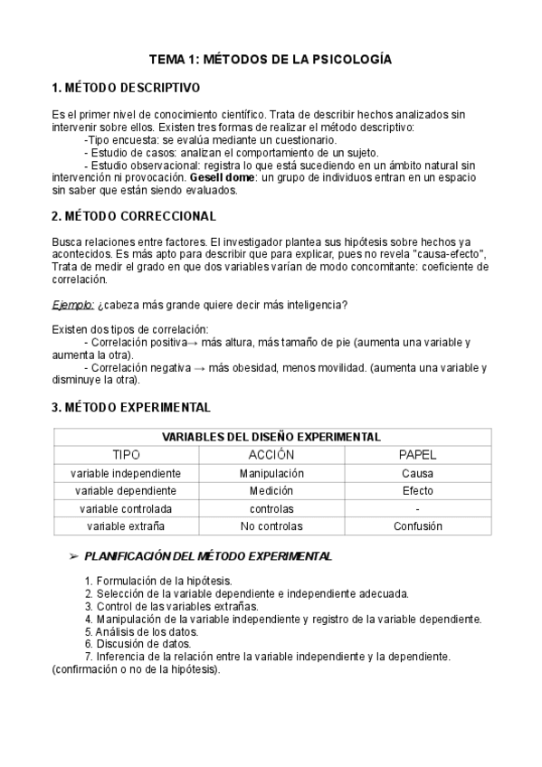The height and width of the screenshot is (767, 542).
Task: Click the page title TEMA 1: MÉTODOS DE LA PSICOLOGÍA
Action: click(271, 60)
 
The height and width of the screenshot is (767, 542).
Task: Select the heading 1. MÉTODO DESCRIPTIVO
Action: click(126, 89)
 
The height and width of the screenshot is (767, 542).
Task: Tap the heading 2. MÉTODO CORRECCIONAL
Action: click(134, 216)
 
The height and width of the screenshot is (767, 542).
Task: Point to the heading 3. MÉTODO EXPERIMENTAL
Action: click(131, 407)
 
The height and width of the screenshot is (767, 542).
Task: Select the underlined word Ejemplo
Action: click(72, 305)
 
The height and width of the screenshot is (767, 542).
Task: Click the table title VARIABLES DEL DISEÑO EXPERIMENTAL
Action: click(271, 437)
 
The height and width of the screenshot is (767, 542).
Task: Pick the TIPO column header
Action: click(126, 454)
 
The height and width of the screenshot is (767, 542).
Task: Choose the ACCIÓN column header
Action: click(271, 454)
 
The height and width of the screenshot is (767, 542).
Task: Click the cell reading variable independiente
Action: click(126, 473)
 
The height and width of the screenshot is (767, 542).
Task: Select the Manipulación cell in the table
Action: click(271, 473)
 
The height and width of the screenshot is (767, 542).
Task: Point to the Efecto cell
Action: click(417, 490)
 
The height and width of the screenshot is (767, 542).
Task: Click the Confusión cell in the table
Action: click(417, 526)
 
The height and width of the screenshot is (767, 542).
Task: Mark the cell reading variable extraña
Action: click(126, 526)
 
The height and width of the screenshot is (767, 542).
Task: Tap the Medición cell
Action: click(271, 490)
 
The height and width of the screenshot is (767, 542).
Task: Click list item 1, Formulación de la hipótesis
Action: click(157, 581)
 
